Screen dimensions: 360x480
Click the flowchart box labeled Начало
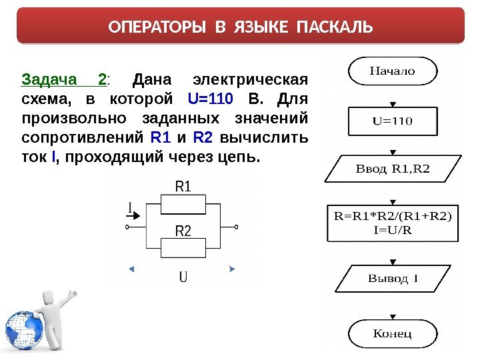(x=392, y=71)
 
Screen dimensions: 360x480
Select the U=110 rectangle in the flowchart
(x=392, y=121)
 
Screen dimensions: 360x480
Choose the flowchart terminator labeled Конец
(x=392, y=333)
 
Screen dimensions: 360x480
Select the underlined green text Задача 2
(x=65, y=81)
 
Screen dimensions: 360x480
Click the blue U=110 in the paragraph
(x=210, y=100)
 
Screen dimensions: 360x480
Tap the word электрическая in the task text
(x=249, y=81)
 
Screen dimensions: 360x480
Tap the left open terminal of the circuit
(x=127, y=227)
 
